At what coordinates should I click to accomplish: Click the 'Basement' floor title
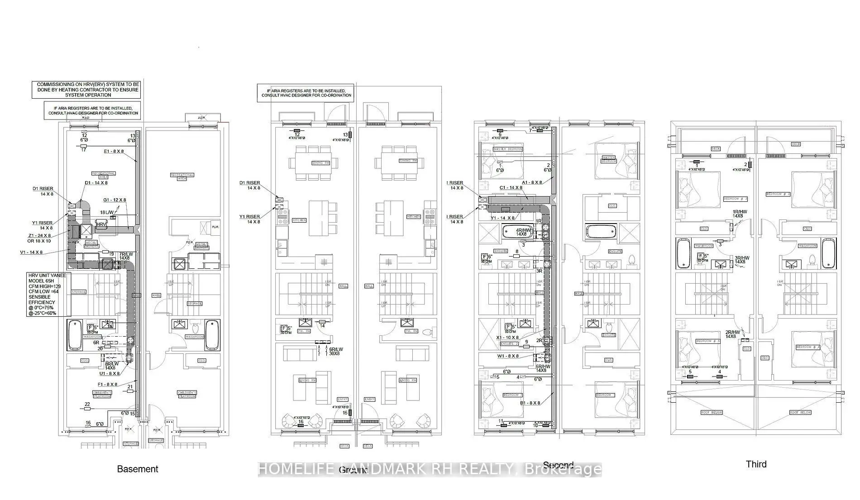point(138,469)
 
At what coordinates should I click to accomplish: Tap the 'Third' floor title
point(756,464)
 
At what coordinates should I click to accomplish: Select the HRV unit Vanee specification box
point(47,294)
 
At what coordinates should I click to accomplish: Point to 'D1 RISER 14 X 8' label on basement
point(43,191)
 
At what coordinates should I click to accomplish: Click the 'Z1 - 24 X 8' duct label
point(39,238)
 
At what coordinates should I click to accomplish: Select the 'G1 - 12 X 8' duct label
point(115,200)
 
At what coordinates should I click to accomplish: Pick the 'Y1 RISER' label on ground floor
point(249,219)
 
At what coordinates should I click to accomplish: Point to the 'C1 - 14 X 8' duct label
point(511,187)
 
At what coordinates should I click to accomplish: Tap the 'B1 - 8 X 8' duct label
point(530,415)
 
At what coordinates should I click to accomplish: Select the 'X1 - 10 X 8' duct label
point(507,338)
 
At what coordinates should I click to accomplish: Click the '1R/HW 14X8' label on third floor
point(740,214)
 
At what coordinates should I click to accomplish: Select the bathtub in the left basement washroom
point(74,335)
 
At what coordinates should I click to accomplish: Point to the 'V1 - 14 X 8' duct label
point(31,252)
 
